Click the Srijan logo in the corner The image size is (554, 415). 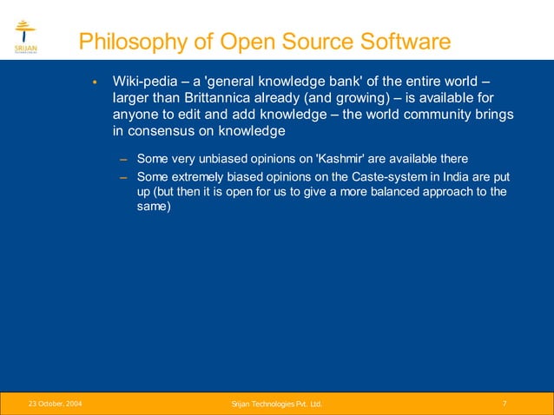[25, 37]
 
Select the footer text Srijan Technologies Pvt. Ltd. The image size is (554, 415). [276, 404]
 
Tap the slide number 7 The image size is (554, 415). [505, 404]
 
